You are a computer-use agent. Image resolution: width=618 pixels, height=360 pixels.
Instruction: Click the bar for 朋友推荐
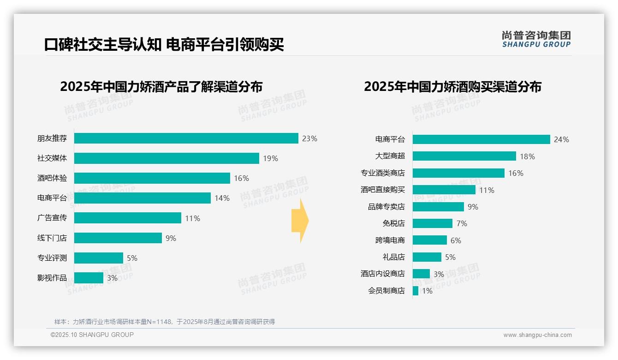click(x=186, y=138)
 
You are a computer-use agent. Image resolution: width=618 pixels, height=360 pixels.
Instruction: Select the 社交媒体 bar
click(x=166, y=158)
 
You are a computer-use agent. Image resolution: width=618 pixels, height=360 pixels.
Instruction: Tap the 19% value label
click(x=270, y=158)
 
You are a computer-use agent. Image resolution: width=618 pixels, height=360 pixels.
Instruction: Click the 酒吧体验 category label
click(x=52, y=178)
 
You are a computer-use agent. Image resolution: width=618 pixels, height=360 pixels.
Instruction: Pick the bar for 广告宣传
click(x=128, y=218)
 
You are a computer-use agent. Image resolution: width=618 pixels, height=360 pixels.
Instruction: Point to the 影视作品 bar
click(x=89, y=278)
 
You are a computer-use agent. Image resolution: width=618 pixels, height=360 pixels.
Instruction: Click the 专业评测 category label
click(x=52, y=258)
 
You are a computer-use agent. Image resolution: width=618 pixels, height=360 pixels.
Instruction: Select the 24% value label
click(x=561, y=139)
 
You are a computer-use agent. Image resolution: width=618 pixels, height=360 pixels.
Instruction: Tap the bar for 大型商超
click(x=464, y=156)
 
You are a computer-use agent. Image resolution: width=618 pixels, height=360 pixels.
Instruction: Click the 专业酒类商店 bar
click(x=458, y=173)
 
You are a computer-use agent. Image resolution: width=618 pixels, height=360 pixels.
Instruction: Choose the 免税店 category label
click(x=393, y=223)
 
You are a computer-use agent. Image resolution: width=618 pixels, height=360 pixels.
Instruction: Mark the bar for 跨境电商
click(x=429, y=240)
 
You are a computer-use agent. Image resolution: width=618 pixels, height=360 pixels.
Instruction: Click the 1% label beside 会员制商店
click(x=427, y=291)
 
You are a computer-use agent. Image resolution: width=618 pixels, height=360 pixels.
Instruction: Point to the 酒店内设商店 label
click(x=382, y=274)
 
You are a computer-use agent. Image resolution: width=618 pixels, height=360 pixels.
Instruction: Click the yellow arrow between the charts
click(x=300, y=221)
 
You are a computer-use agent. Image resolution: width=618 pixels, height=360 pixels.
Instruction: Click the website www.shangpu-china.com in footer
click(x=537, y=335)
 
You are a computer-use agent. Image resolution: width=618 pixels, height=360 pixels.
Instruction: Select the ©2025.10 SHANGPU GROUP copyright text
click(x=92, y=335)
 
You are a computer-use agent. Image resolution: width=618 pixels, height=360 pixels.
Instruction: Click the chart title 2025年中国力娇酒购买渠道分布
click(x=452, y=87)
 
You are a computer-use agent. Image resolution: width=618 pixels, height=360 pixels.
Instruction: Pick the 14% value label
click(x=222, y=198)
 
